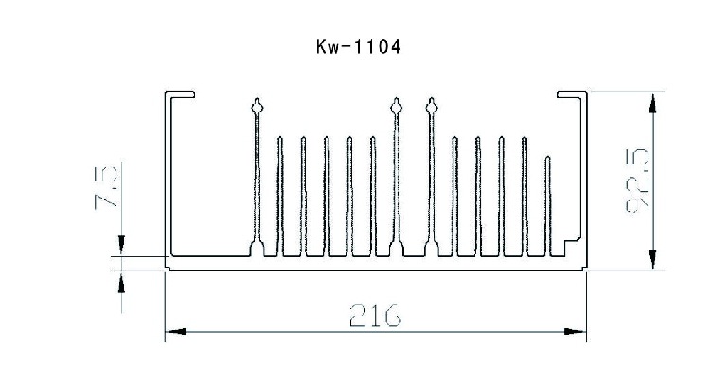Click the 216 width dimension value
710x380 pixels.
click(x=374, y=314)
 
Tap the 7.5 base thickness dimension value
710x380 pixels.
click(x=108, y=187)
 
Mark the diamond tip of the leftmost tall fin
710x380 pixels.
click(x=257, y=106)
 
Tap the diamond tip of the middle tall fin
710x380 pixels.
click(x=396, y=106)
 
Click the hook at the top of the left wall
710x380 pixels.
click(x=180, y=95)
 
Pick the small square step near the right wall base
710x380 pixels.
click(x=570, y=247)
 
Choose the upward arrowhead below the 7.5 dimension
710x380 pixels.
click(x=120, y=282)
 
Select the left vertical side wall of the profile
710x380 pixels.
click(x=168, y=180)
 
